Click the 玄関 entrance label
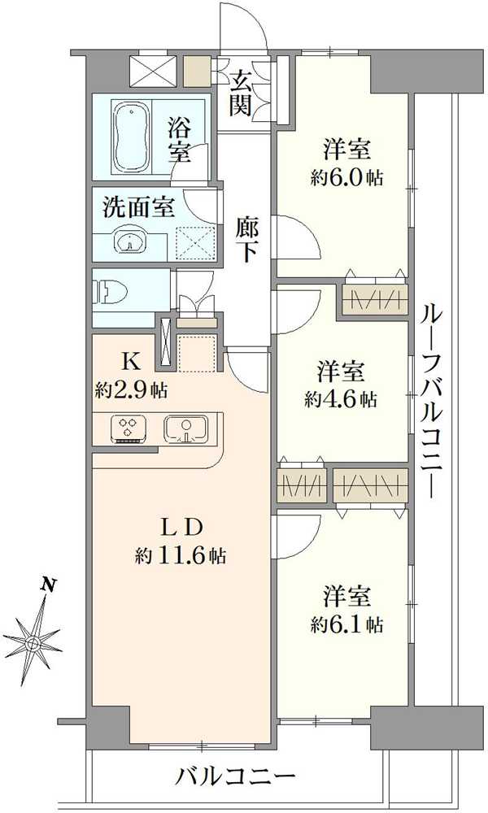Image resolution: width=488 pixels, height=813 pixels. pos(241,91)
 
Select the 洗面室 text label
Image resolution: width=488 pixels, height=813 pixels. pos(138,207)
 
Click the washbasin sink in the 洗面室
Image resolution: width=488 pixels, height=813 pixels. pos(128,241)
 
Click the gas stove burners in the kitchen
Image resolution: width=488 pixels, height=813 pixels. pos(128,428)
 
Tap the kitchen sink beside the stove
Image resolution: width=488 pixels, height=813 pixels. pos(187,428)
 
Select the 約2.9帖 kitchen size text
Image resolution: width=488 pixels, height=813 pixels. pos(131,390)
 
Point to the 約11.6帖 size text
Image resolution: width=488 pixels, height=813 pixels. pos(181,556)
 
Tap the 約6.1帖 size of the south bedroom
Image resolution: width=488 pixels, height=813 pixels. pos(348,624)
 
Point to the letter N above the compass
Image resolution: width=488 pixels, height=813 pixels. pos(50,584)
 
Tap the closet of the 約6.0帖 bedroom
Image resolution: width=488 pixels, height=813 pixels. pos(373,300)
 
